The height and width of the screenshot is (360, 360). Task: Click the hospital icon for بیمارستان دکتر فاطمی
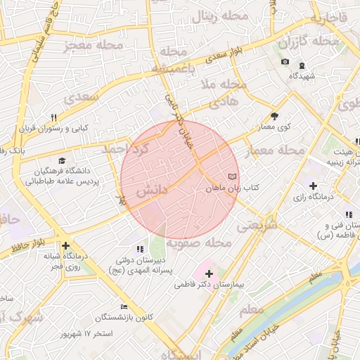209,273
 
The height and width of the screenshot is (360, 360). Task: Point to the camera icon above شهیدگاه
285,62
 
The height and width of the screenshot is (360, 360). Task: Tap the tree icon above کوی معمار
274,117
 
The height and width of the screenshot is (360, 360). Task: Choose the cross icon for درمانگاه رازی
313,186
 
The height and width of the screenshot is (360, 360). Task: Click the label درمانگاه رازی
316,200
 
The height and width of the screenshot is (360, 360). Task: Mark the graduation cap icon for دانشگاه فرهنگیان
62,161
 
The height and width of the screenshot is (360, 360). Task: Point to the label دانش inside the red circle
152,191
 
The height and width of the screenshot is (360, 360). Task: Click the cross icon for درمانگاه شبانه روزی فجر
65,245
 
